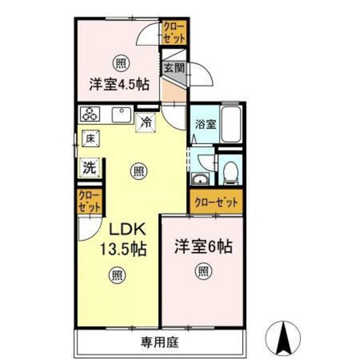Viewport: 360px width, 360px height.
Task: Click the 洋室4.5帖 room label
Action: coord(119,84)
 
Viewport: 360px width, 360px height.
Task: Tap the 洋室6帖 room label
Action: coord(203,246)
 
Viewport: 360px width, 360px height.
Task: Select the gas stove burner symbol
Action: coord(89,115)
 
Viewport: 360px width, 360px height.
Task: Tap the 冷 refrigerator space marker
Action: coord(146,121)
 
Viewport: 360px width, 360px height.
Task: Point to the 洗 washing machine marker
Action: coord(89,168)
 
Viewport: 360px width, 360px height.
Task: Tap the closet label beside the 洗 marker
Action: coord(89,202)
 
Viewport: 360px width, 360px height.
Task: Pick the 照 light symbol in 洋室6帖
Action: coord(202,272)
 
